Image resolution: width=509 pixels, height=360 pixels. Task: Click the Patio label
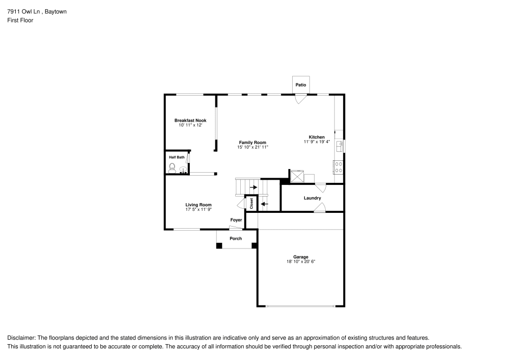[x=301, y=85]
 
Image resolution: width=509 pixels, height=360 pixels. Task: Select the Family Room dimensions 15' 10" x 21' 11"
[x=252, y=147]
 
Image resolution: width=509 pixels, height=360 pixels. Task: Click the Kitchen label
[x=317, y=137]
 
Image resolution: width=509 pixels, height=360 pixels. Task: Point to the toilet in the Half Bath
[x=173, y=169]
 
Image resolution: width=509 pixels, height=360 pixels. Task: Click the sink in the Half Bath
[x=182, y=171]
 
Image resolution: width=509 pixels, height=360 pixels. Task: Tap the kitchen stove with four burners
[x=338, y=167]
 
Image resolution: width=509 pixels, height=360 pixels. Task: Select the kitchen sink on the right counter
[x=340, y=146]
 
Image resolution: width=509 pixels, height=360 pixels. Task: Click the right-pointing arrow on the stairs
[x=253, y=187]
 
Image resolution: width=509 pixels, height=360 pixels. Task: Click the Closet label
[x=251, y=203]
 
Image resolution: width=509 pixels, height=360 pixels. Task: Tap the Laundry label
[x=312, y=198]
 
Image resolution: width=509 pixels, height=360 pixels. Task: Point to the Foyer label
[x=236, y=220]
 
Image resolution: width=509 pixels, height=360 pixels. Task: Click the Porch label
[x=236, y=238]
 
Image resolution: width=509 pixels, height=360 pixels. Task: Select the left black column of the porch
[x=219, y=246]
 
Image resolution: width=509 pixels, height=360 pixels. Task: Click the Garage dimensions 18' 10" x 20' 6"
[x=301, y=262]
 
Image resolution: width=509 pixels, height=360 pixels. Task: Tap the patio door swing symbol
[x=300, y=99]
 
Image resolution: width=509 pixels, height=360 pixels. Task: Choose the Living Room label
[x=198, y=205]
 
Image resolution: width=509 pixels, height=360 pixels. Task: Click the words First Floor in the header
[x=20, y=20]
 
